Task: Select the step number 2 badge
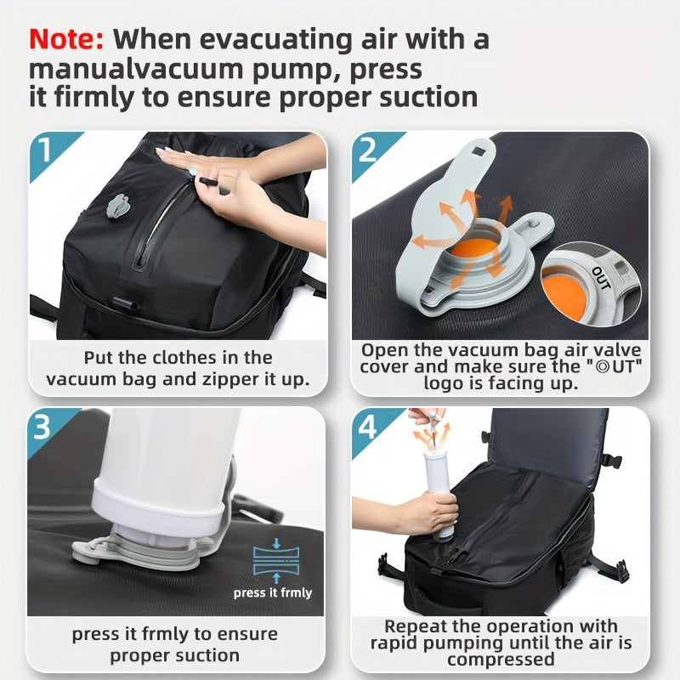tap(368, 151)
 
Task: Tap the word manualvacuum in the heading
tap(127, 68)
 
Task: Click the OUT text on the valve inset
tap(600, 277)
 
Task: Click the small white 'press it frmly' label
tap(273, 592)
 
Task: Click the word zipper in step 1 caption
tap(192, 378)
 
